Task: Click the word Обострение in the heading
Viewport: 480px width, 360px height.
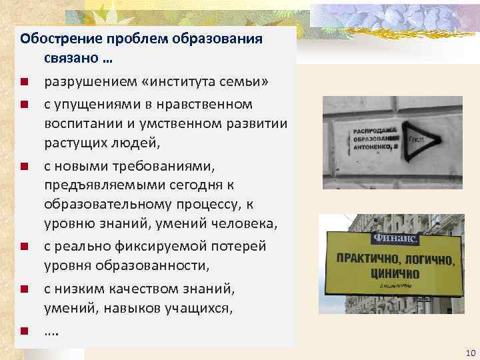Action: pyautogui.click(x=55, y=38)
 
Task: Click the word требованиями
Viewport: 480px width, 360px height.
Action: pyautogui.click(x=140, y=164)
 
